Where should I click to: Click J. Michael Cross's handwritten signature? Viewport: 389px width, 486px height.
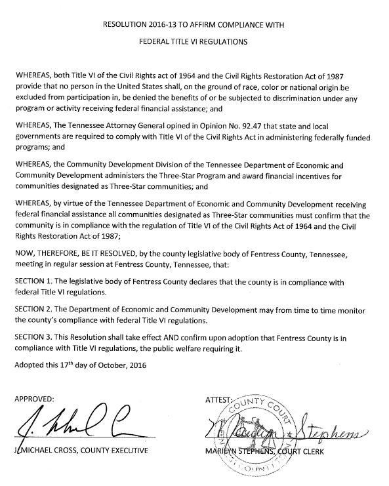point(72,429)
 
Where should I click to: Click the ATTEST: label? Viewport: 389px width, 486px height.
point(220,398)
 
